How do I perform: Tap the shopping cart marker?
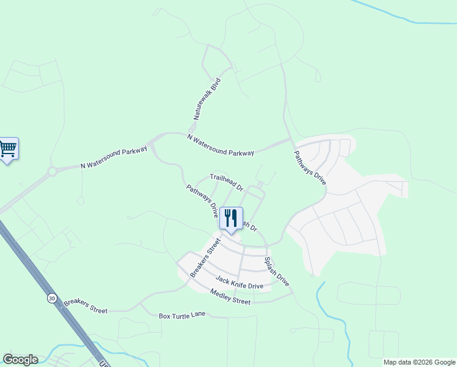[x=8, y=149]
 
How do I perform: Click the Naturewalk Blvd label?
[x=206, y=98]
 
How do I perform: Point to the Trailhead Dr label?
[x=227, y=182]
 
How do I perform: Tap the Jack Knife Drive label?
[x=239, y=283]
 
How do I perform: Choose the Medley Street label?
[x=230, y=297]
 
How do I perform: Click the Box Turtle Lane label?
[x=182, y=316]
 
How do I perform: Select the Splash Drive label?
[x=276, y=272]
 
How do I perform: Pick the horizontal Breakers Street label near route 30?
[x=86, y=306]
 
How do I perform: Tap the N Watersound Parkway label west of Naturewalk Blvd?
[x=114, y=158]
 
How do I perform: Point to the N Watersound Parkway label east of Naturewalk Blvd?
[x=221, y=146]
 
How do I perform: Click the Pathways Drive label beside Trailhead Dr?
[x=202, y=202]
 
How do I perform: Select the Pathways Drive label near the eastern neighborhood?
[x=310, y=168]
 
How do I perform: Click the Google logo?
[x=20, y=360]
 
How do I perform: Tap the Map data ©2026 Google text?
[x=419, y=362]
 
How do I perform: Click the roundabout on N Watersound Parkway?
[x=52, y=171]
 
